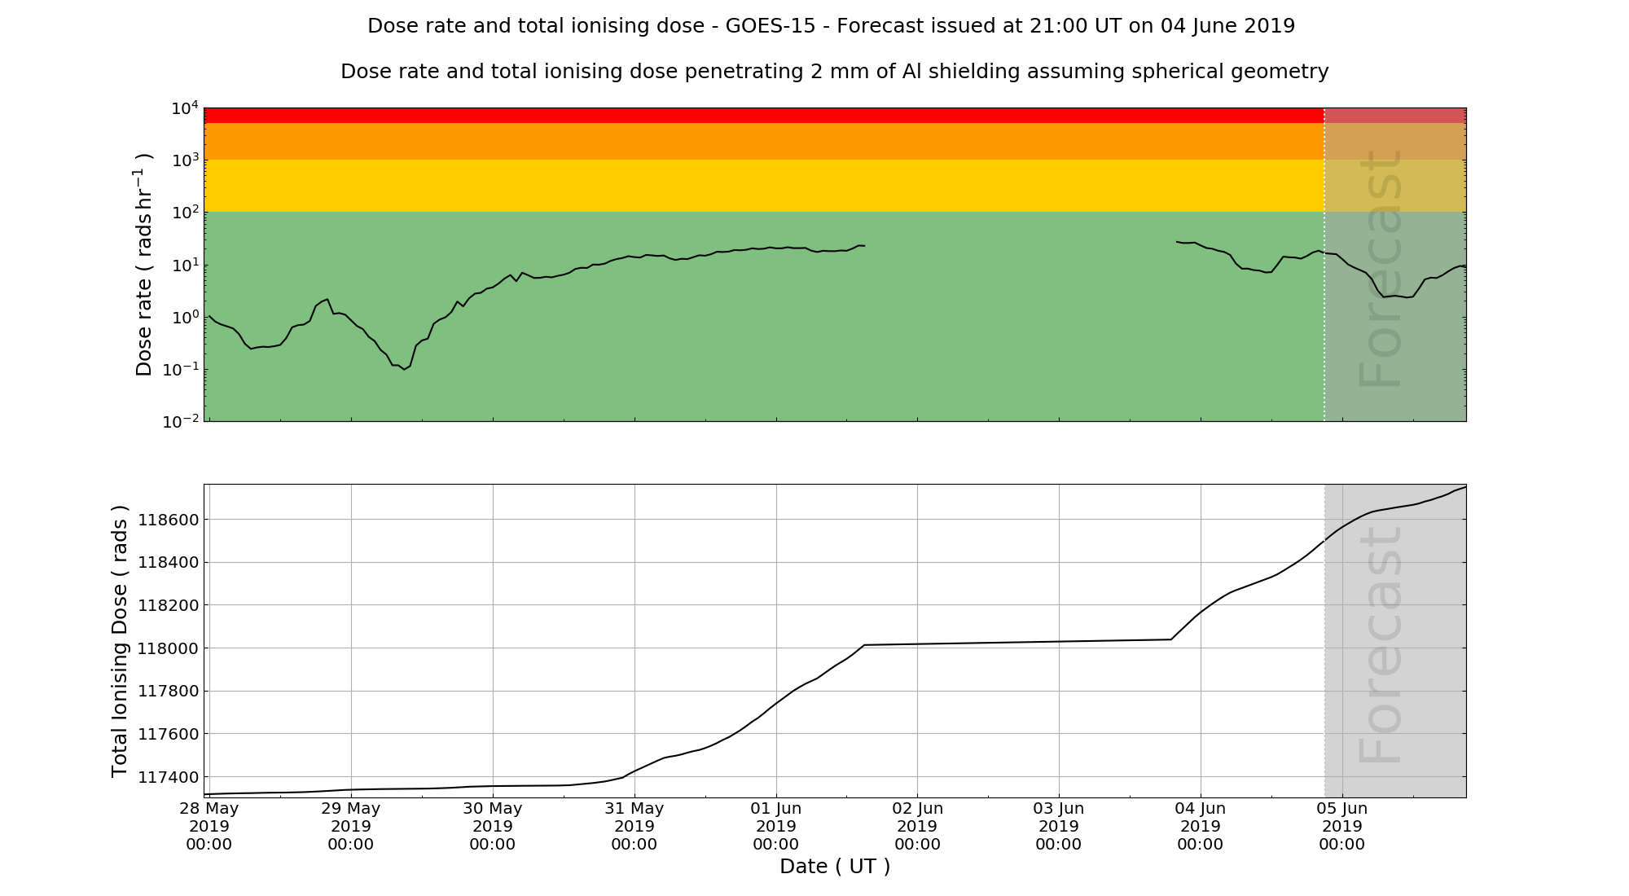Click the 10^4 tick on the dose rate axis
tap(185, 108)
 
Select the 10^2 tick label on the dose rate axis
tap(185, 213)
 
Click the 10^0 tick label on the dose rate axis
tap(185, 318)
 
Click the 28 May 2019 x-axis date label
tap(209, 826)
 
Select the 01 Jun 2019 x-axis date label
tap(776, 826)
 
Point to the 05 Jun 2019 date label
tap(1341, 826)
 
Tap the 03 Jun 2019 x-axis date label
tap(1059, 826)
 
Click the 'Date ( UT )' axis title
tap(835, 867)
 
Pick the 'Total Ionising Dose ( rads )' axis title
tap(120, 641)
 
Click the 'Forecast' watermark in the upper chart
tap(1381, 269)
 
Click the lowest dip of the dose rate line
tap(404, 370)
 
